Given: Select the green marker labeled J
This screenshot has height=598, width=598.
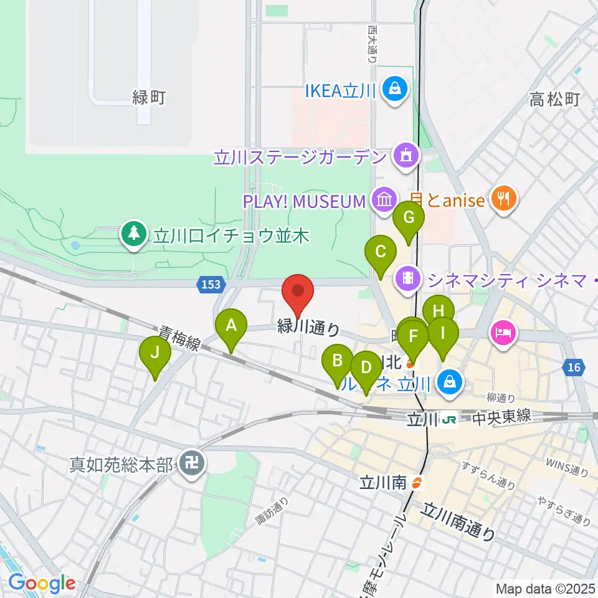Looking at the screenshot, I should coord(156,353).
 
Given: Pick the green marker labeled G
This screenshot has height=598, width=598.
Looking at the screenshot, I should coord(409,219).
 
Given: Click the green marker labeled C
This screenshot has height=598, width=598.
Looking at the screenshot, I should coord(381,253).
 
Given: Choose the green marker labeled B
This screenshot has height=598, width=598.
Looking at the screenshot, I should coord(338,361).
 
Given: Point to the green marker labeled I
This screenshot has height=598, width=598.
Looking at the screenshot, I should coord(442,334).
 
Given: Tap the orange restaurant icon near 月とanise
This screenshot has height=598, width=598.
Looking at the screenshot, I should coord(501,199).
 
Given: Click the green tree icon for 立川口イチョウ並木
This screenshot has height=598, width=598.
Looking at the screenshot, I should coord(133,235).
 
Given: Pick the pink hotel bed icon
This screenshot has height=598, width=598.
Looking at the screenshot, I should coord(503,331).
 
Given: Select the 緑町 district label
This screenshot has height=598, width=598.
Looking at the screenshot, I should coord(148,98).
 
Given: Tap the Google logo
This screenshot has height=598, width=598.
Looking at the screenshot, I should coord(42,582).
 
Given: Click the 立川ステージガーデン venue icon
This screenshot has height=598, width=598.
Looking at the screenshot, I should coord(407,155).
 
